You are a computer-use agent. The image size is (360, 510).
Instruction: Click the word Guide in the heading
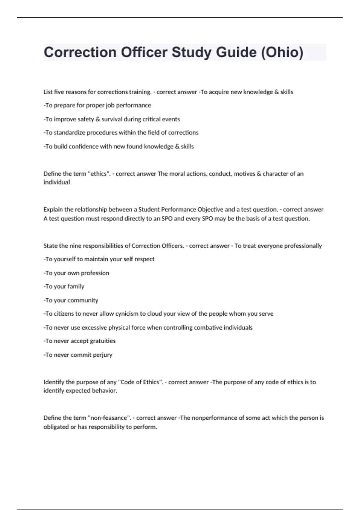(x=236, y=52)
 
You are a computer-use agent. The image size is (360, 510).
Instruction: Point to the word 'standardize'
(x=69, y=133)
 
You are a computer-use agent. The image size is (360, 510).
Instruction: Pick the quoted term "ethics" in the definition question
(x=99, y=174)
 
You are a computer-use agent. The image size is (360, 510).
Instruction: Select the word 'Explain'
(x=53, y=209)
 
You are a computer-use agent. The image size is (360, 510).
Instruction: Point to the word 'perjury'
(x=102, y=355)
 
